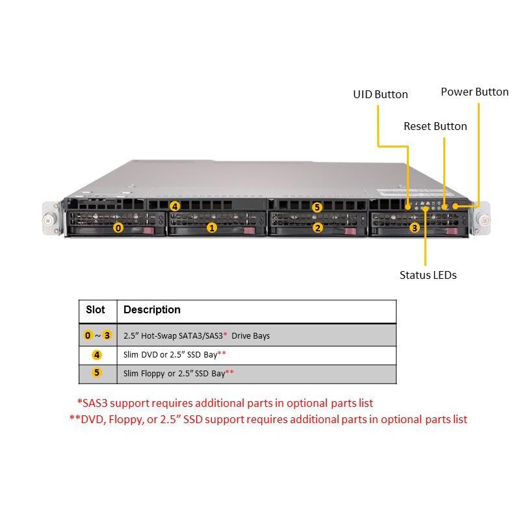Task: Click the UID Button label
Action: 380,94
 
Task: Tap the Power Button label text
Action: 474,92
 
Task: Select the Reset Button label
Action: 435,126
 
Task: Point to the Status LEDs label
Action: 428,275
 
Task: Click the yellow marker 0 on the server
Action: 118,227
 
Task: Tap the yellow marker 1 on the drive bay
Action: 211,227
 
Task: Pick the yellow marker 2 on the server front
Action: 317,227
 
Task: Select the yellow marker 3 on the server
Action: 414,227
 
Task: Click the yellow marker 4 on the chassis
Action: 174,206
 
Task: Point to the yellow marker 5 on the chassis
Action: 317,207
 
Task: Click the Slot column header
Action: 96,309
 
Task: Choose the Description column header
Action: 152,309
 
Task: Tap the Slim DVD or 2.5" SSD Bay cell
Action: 174,355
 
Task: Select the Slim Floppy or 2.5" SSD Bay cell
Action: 178,374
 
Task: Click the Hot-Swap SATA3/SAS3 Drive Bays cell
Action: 196,336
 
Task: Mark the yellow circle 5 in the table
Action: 97,373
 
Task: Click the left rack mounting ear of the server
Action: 49,219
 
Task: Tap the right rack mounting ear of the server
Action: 483,218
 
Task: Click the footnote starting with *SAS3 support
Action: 225,403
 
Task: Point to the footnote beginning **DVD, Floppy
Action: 268,419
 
